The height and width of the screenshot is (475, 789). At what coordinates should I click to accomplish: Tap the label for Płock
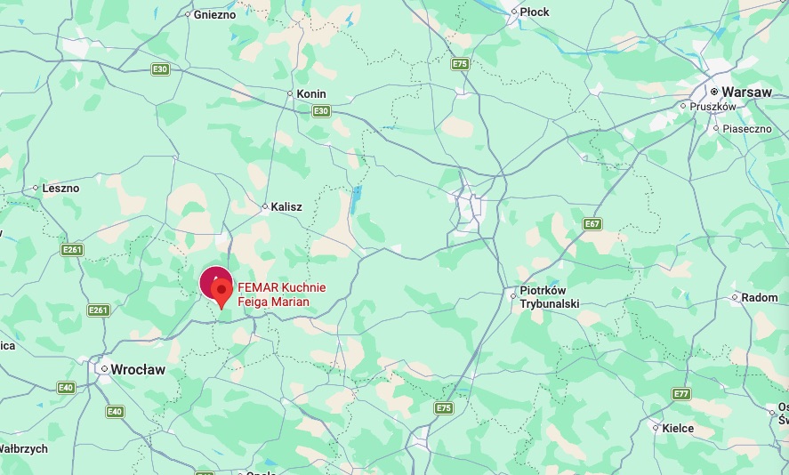535,12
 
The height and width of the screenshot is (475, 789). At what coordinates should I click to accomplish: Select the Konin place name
310,93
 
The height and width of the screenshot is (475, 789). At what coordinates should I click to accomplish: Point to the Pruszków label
713,107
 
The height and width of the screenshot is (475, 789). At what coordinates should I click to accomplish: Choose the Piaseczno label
745,128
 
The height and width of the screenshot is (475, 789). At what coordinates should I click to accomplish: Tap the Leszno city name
60,188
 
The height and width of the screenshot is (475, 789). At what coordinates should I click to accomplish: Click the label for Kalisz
286,206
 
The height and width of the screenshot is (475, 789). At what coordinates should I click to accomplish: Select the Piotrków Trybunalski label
550,297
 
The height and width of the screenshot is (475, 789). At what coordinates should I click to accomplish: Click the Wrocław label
138,369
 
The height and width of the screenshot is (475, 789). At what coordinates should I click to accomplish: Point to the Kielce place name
678,428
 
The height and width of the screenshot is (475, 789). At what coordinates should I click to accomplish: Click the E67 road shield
592,223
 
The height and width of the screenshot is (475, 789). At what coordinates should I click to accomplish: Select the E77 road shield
681,393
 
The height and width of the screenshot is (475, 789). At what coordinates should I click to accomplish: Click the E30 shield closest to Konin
321,111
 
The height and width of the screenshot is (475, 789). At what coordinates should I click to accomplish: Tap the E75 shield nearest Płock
459,64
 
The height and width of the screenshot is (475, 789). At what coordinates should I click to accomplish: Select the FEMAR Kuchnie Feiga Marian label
282,294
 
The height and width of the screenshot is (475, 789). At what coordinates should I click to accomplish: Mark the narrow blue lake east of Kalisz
356,202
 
